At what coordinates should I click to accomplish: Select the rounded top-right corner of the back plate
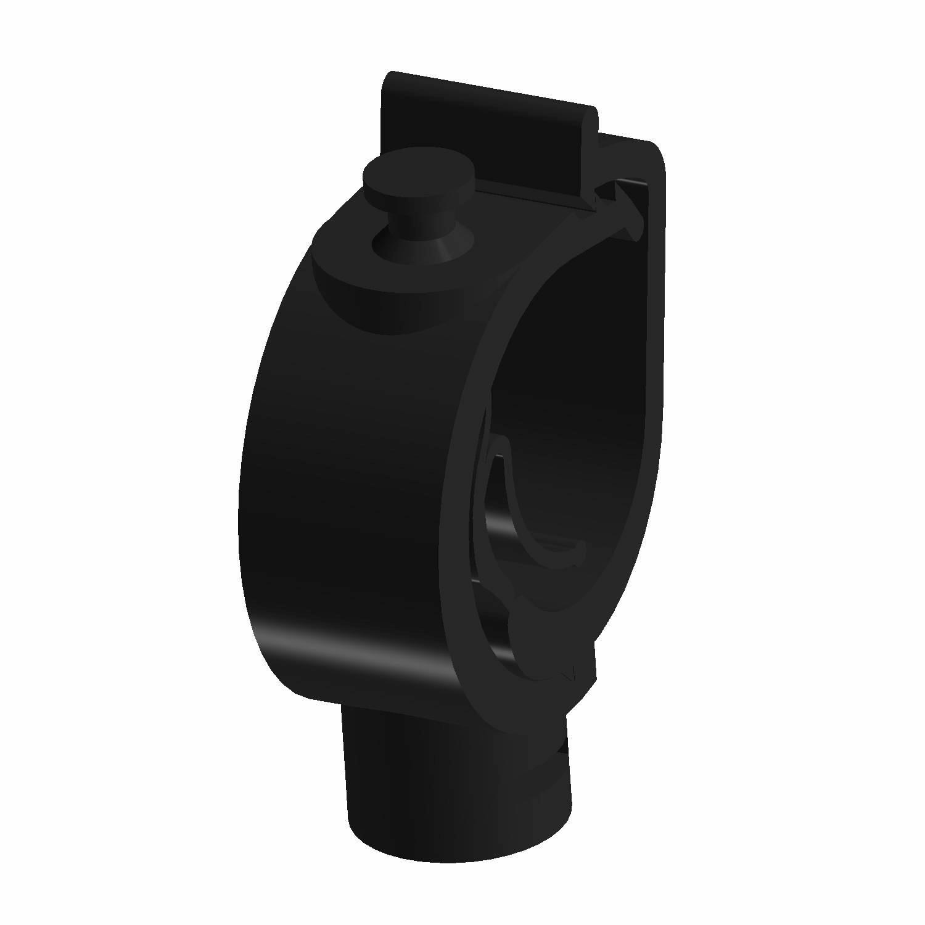[x=654, y=154]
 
